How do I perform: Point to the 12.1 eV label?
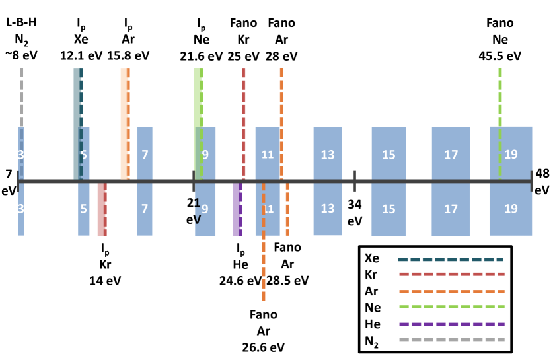81,55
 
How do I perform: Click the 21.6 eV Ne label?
202,55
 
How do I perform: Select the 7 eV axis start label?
9,182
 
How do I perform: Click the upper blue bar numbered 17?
451,153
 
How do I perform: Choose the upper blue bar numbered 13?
328,153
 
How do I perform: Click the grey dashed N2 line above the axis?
22,99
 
